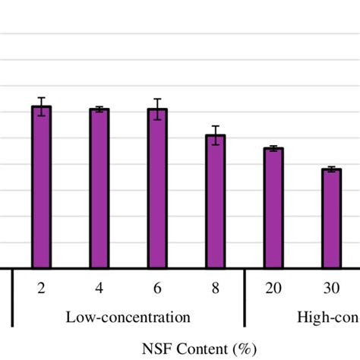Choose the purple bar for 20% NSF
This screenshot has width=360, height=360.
click(x=273, y=208)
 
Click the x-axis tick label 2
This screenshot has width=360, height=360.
click(x=41, y=289)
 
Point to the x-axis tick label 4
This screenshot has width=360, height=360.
click(x=99, y=289)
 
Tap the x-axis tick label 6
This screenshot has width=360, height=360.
click(x=157, y=289)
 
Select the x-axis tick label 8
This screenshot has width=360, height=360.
click(x=216, y=289)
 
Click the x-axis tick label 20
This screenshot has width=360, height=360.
click(x=273, y=289)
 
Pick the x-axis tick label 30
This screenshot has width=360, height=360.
click(x=331, y=289)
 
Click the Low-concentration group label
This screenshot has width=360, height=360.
click(x=128, y=317)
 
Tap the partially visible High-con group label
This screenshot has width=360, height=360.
click(x=327, y=317)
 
